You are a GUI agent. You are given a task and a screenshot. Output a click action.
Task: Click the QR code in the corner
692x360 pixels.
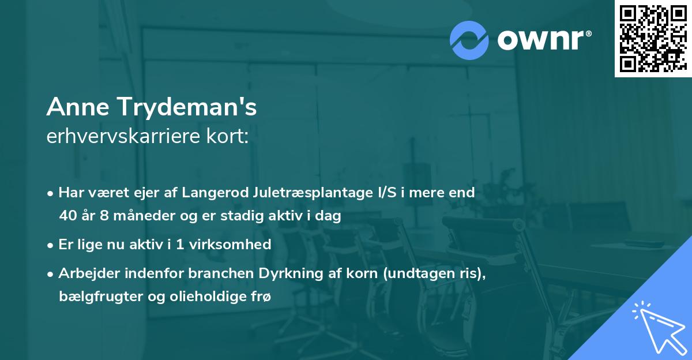click(653, 39)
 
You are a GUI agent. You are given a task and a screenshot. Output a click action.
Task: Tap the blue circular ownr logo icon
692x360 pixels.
click(469, 39)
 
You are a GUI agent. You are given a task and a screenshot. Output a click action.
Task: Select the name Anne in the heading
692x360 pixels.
click(78, 107)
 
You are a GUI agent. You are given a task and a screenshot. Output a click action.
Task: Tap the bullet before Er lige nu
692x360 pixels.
click(51, 245)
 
